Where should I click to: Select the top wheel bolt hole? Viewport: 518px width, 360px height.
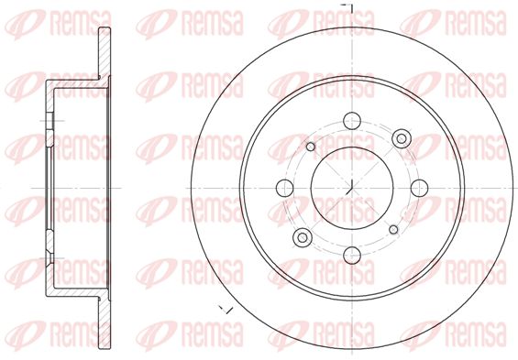352,121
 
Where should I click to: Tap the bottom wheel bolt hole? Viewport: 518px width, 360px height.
352,256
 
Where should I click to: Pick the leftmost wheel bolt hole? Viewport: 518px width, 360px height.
285,188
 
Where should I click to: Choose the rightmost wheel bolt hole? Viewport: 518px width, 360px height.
420,188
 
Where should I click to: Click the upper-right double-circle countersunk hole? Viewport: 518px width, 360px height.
402,138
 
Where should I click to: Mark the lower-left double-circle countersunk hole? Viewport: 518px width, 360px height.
303,237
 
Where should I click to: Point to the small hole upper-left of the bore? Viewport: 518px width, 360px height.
311,147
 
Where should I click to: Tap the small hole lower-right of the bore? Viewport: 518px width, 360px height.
394,230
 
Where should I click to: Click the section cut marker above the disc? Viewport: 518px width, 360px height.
349,7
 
